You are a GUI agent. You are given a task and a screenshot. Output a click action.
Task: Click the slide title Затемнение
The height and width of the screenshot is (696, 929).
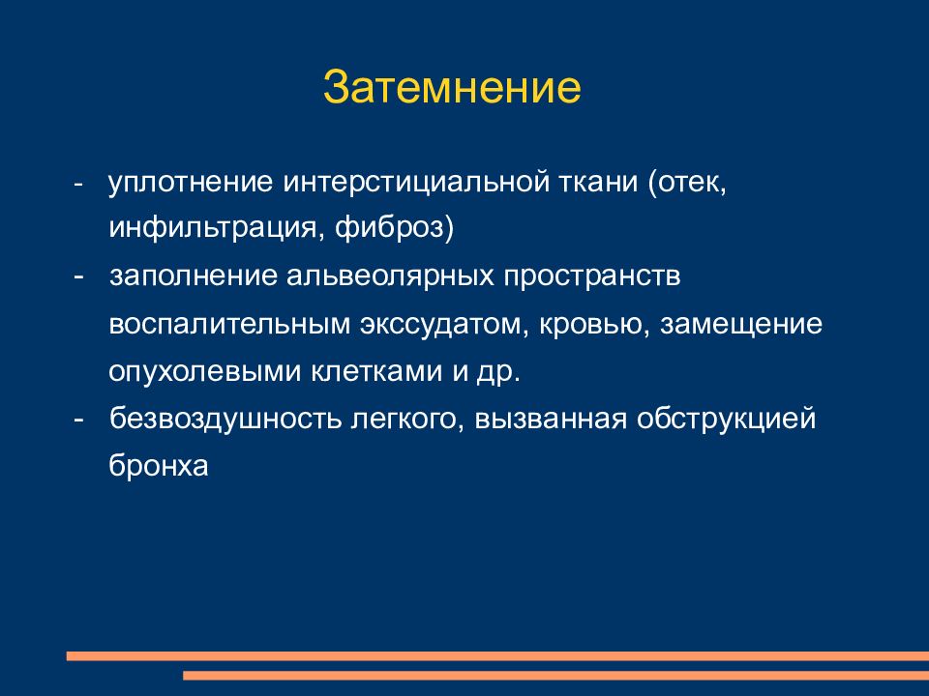click(x=452, y=88)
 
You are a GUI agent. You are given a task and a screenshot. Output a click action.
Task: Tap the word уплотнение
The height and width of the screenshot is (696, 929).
click(x=191, y=184)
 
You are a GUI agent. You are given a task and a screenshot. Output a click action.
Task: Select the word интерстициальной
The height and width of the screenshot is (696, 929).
click(x=416, y=184)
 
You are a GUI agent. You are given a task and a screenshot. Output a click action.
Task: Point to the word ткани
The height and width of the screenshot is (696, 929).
click(x=598, y=183)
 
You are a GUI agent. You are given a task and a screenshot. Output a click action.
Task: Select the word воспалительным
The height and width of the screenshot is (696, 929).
click(x=229, y=325)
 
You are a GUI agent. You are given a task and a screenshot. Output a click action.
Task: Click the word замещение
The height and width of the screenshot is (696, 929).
click(x=740, y=326)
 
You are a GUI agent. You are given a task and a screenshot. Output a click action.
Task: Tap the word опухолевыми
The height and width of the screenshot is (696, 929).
click(x=204, y=372)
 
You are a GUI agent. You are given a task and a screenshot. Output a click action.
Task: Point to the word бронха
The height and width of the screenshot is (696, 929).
click(x=159, y=466)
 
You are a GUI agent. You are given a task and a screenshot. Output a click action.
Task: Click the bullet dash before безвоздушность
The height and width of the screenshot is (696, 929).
click(x=78, y=420)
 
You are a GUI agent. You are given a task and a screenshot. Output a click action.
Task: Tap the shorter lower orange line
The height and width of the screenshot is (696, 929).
click(x=555, y=676)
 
